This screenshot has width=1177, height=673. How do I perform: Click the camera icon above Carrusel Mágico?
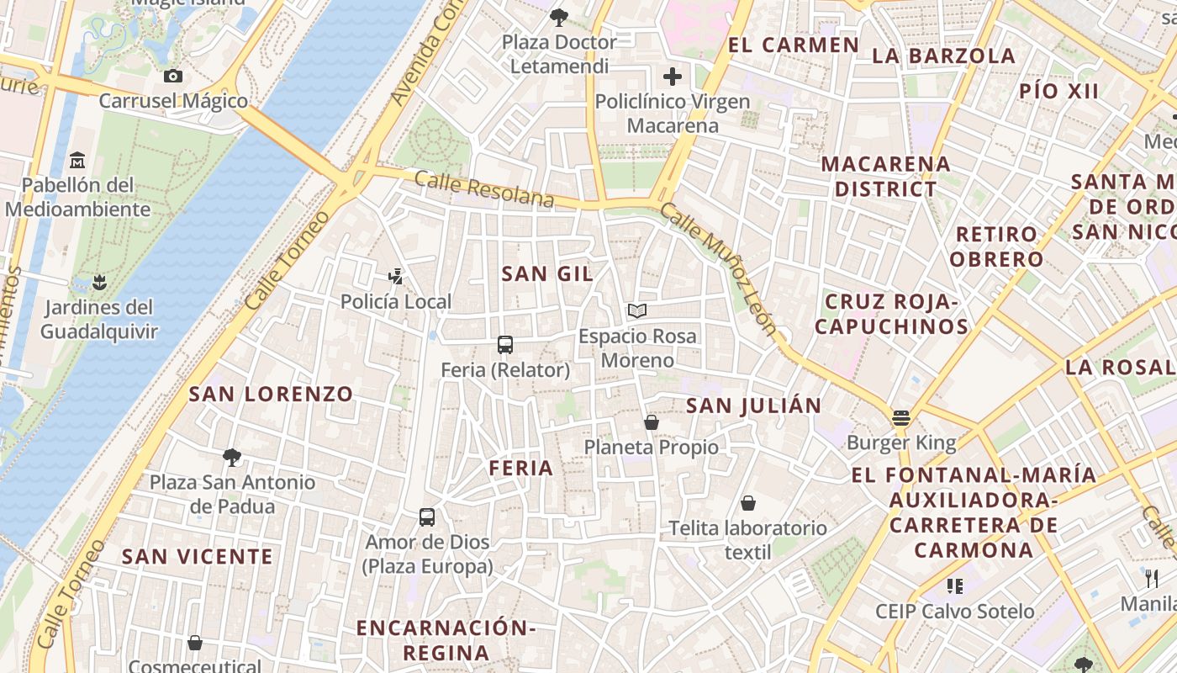[x=173, y=77]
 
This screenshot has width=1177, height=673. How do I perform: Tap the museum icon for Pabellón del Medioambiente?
[x=78, y=159]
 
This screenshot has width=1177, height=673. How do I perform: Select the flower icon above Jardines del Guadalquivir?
[x=99, y=282]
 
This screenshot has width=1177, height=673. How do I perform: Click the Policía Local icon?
[x=395, y=276]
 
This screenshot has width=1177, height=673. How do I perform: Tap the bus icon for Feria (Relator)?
[x=505, y=344]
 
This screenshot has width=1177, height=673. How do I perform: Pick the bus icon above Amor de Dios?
[x=427, y=517]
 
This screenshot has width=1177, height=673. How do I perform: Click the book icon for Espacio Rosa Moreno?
[x=637, y=311]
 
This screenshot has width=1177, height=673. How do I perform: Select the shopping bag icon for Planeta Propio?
[x=651, y=421]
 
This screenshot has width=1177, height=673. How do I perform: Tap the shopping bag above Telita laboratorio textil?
[x=748, y=503]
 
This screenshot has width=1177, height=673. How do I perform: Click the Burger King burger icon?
[x=901, y=417]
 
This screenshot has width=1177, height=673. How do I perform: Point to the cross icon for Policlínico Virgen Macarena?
[x=673, y=77]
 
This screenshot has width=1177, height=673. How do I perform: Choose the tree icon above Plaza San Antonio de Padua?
[x=232, y=457]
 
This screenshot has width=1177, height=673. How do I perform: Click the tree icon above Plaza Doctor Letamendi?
[x=559, y=17]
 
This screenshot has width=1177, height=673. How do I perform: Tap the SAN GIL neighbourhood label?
[x=547, y=273]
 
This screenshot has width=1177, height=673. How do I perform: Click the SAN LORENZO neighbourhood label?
[x=271, y=394]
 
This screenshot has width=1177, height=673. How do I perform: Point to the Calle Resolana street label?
[x=484, y=188]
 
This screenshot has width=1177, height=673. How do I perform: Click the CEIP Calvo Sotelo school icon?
[x=954, y=586]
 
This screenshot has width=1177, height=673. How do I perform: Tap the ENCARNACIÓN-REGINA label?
[x=446, y=639]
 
